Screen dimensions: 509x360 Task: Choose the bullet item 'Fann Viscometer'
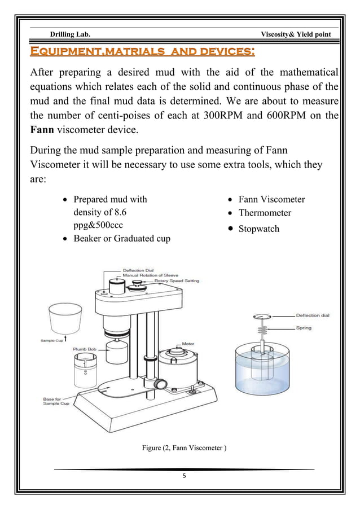pos(271,199)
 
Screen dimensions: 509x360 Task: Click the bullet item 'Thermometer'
pos(265,213)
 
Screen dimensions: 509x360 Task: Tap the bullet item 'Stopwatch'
pos(258,229)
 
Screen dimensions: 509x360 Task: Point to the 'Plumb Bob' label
pos(84,349)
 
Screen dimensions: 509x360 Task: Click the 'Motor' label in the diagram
pos(188,343)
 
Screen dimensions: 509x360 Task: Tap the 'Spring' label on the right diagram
pos(303,328)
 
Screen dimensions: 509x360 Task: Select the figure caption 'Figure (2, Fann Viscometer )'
pos(185,449)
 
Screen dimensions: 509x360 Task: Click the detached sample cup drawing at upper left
pos(63,319)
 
